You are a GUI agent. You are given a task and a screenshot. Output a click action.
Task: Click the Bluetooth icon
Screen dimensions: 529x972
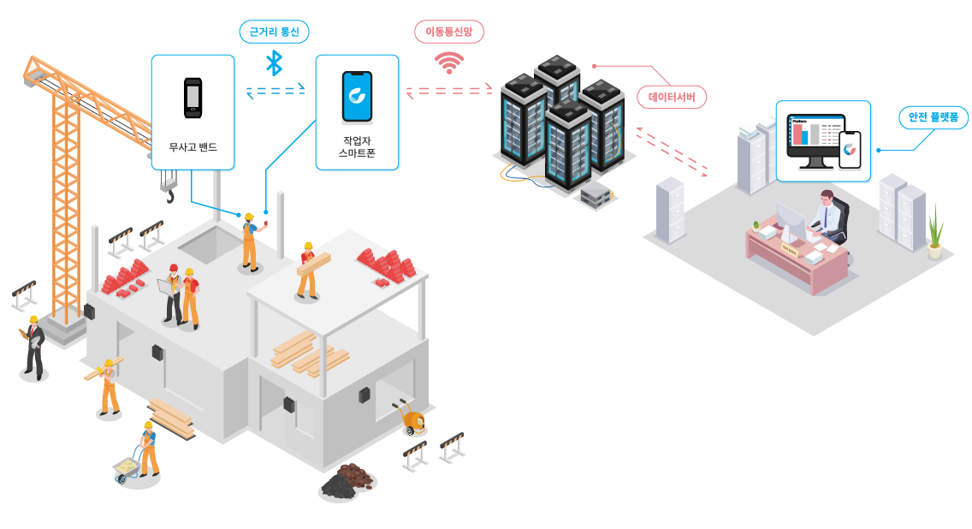click(x=274, y=62)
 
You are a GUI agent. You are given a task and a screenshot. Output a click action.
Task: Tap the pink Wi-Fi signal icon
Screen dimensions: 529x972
click(x=448, y=62)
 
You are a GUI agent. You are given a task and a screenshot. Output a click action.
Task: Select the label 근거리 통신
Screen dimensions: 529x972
click(x=274, y=32)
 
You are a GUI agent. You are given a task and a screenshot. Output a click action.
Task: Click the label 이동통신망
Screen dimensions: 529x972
click(x=449, y=32)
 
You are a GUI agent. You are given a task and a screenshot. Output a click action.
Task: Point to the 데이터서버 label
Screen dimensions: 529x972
click(x=672, y=97)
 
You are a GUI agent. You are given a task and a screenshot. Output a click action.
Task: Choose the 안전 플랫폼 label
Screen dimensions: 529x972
click(x=933, y=117)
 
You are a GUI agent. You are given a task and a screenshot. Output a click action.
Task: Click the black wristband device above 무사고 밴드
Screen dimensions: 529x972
click(x=193, y=97)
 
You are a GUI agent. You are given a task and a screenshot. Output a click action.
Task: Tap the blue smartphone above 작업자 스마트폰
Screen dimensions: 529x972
click(x=357, y=96)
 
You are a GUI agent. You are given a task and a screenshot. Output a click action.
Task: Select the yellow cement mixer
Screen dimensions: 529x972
click(x=412, y=419)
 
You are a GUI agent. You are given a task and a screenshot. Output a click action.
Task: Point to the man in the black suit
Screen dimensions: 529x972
click(x=33, y=347)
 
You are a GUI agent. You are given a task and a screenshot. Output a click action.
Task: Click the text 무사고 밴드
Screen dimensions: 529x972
click(x=193, y=147)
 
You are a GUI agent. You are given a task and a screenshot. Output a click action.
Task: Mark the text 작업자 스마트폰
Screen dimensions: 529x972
click(x=357, y=146)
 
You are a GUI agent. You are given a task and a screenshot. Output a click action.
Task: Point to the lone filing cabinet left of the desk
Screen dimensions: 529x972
click(x=670, y=210)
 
